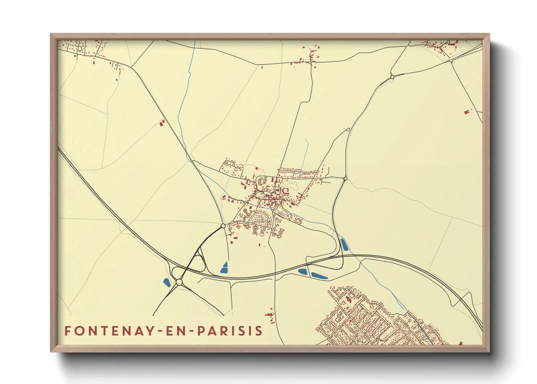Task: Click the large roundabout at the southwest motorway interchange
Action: point(179,282)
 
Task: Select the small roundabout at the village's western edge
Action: point(223,226)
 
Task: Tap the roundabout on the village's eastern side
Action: point(345,178)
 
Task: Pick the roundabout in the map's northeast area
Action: point(392,77)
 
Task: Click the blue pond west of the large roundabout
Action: point(167,282)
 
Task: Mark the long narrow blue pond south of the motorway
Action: point(319,275)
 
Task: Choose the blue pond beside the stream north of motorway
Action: point(344,244)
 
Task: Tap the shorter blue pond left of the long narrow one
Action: point(302,271)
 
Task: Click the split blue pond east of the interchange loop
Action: point(225,267)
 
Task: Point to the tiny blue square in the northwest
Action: point(116,80)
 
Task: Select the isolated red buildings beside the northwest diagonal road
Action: point(162,123)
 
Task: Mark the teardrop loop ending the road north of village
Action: point(348,130)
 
